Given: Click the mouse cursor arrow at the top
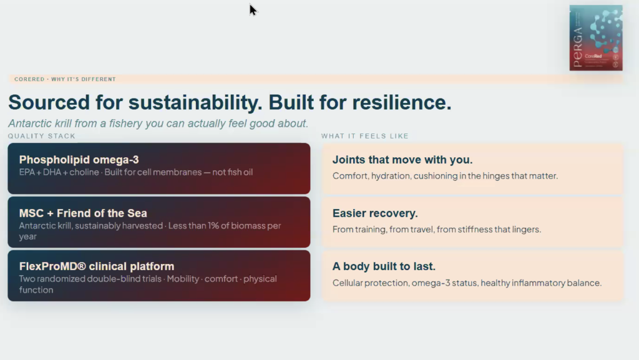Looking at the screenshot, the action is pos(253,10).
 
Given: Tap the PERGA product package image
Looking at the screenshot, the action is pos(596,38).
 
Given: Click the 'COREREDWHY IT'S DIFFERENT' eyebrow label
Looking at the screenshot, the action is pos(65,79).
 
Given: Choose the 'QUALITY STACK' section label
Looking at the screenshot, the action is pos(42,136).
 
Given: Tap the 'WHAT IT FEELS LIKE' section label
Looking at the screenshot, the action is pos(364,136).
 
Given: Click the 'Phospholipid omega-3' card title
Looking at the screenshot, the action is pos(79,160).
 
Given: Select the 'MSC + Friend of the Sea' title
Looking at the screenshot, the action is pos(83,213).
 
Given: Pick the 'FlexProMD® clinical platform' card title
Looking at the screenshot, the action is pos(97,266).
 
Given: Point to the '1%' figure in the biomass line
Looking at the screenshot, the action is pos(213,226).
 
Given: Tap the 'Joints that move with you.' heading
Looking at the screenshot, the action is pos(402,160).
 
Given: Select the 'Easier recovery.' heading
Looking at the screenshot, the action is pos(375,213).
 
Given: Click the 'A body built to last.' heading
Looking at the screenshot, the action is pos(384,266).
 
